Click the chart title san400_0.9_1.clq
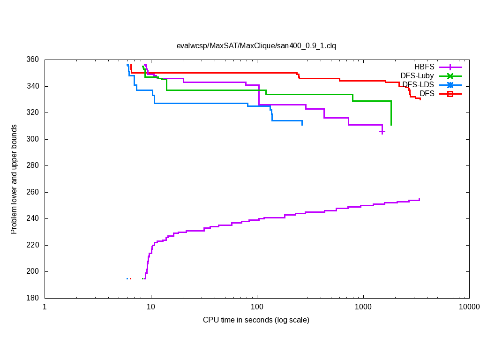[256, 46]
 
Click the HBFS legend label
[424, 67]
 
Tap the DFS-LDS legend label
[418, 85]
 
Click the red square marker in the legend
[450, 94]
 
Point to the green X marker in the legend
[450, 76]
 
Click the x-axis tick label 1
[45, 307]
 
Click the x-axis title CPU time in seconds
[256, 320]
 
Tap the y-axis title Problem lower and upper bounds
[14, 179]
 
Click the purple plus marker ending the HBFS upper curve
[382, 132]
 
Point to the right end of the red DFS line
[420, 99]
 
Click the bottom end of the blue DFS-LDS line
[302, 125]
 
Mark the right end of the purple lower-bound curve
[419, 199]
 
